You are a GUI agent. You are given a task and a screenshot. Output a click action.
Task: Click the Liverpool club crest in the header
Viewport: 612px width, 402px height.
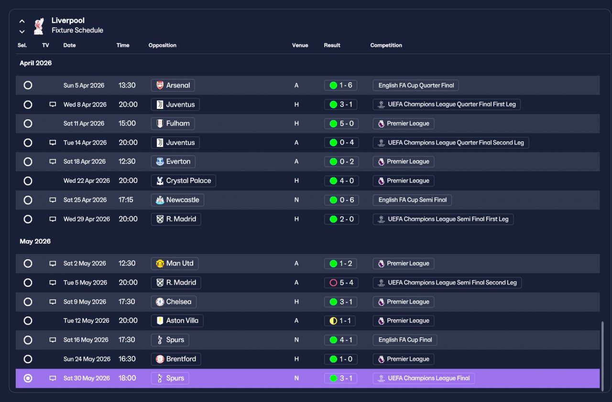coord(39,26)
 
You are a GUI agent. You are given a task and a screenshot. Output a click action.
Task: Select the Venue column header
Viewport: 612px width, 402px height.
coord(300,45)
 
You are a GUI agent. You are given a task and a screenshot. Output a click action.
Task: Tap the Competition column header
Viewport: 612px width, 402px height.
coord(386,45)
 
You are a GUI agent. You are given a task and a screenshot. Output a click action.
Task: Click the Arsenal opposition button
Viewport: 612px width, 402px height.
coord(173,85)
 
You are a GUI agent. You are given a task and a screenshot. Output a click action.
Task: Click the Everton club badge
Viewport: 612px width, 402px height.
coord(160,161)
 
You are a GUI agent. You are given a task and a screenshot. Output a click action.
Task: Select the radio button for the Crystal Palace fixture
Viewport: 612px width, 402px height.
coord(28,181)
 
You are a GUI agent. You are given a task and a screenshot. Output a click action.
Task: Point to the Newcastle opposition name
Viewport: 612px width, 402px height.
coord(183,200)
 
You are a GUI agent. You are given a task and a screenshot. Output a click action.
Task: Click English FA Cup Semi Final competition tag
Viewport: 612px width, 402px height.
coord(412,200)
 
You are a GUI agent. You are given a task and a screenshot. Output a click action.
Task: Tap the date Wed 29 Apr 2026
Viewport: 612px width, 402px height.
coord(87,219)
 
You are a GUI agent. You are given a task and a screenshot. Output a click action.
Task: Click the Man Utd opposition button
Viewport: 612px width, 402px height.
coord(175,264)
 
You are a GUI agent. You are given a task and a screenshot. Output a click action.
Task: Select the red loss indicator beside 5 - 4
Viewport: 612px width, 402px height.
coord(333,283)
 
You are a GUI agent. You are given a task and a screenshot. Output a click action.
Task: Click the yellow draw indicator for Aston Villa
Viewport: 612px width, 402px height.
coord(333,321)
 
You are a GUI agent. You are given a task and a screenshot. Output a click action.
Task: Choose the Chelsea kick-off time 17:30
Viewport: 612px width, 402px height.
coord(127,302)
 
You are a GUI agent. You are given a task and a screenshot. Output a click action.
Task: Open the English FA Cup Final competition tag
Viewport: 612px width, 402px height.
coord(405,340)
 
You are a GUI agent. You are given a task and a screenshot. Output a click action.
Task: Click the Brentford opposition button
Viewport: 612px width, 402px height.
coord(176,359)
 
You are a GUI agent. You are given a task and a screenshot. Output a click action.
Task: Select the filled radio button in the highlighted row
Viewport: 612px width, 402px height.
coord(28,378)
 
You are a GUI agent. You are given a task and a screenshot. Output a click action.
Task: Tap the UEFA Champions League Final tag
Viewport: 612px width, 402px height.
coord(424,378)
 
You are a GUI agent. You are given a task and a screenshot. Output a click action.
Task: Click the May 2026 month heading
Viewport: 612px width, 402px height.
coord(35,242)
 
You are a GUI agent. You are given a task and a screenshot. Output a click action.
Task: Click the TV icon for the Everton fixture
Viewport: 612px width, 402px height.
coord(53,161)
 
